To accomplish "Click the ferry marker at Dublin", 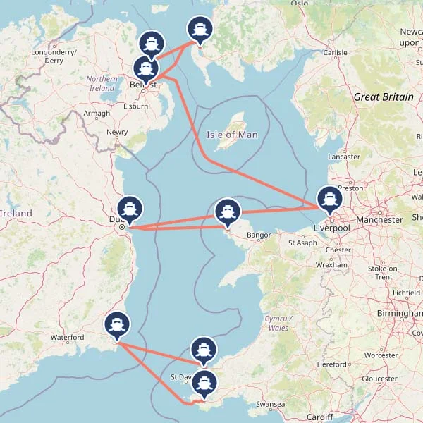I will coord(130,209).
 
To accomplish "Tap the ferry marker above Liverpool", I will coord(329,199).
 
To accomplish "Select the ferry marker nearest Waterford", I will coord(117,324).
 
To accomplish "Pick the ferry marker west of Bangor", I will coord(227,211).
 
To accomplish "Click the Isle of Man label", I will coord(232,135).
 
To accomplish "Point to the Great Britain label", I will coord(384,97).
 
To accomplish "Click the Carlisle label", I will coord(336,52).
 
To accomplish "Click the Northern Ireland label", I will coord(102,83).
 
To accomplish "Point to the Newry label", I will coord(117,132).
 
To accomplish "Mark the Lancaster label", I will coord(344,157).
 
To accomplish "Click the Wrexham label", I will coord(332,265).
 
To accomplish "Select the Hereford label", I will coord(333,364).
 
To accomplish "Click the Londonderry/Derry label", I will coord(54,56).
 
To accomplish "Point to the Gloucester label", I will coord(379,379).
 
